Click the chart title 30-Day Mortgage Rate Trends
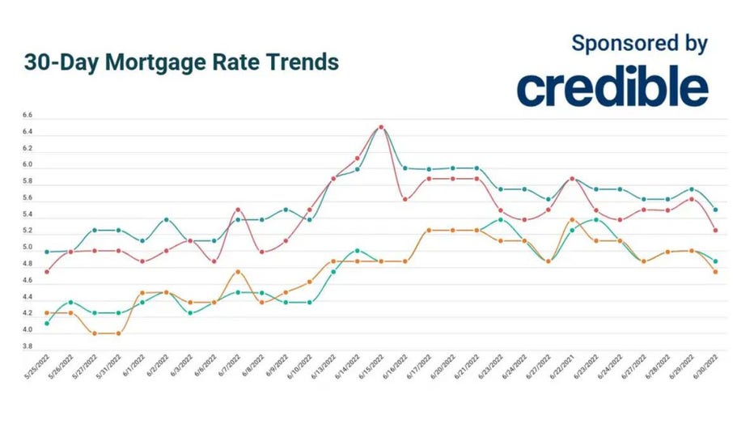coord(181,62)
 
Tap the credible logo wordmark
coord(612,88)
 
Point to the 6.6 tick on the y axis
coord(28,116)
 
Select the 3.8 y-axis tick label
coord(28,346)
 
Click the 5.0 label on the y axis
coord(28,248)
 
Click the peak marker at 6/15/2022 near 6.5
coord(381,127)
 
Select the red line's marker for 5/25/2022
coord(46,272)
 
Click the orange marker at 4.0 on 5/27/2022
coord(94,333)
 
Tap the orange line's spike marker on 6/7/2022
coord(237,272)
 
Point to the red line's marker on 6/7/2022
coord(237,210)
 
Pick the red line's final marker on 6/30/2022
coord(715,231)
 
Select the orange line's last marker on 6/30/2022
coord(715,272)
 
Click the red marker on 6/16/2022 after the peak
coord(405,199)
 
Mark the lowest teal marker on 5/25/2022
coord(46,324)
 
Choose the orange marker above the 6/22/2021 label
coord(572,219)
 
